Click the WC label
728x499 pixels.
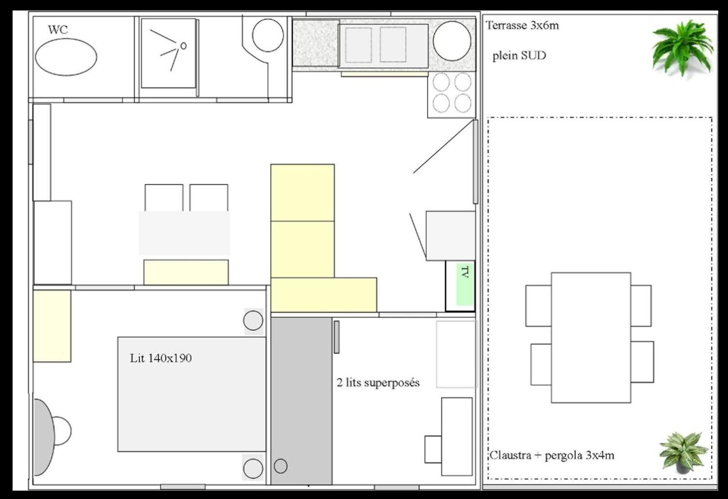point(58,30)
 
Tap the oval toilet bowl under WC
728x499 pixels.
point(66,57)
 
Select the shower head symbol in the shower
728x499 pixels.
point(183,46)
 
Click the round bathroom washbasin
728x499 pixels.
point(268,35)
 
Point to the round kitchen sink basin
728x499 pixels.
point(452,41)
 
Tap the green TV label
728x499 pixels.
point(465,285)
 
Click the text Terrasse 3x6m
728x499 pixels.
point(523,26)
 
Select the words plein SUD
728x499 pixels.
point(519,56)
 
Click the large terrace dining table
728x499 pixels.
point(591,337)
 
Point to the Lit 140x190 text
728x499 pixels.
point(161,358)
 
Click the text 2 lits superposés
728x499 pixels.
point(378,383)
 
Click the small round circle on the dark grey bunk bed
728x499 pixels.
point(280,466)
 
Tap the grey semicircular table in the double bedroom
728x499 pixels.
point(44,437)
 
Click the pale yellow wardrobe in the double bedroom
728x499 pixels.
point(52,326)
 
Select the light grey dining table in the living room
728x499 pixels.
point(184,233)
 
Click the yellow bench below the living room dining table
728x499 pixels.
point(186,272)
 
